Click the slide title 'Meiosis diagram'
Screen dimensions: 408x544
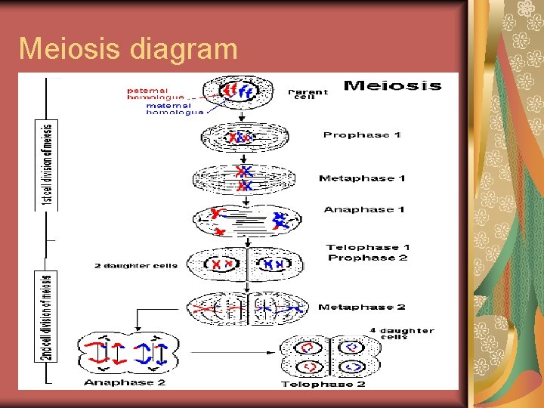(128, 48)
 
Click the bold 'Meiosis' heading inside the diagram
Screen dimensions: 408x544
(392, 85)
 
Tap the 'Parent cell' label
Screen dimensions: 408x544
(309, 94)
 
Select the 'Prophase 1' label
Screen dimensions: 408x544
(361, 135)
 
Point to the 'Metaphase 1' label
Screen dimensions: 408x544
(362, 178)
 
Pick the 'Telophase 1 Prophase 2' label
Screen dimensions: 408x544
(367, 252)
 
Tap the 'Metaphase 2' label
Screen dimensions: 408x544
(361, 308)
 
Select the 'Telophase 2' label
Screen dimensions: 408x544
(323, 384)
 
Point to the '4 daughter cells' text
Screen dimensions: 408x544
(401, 333)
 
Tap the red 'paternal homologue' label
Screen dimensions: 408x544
(154, 94)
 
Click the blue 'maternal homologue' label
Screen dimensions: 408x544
(175, 109)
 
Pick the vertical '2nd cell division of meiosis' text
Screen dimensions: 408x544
(48, 316)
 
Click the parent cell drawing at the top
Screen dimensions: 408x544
(240, 93)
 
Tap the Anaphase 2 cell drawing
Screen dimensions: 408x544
(128, 353)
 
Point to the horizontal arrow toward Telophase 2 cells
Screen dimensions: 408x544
(231, 351)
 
